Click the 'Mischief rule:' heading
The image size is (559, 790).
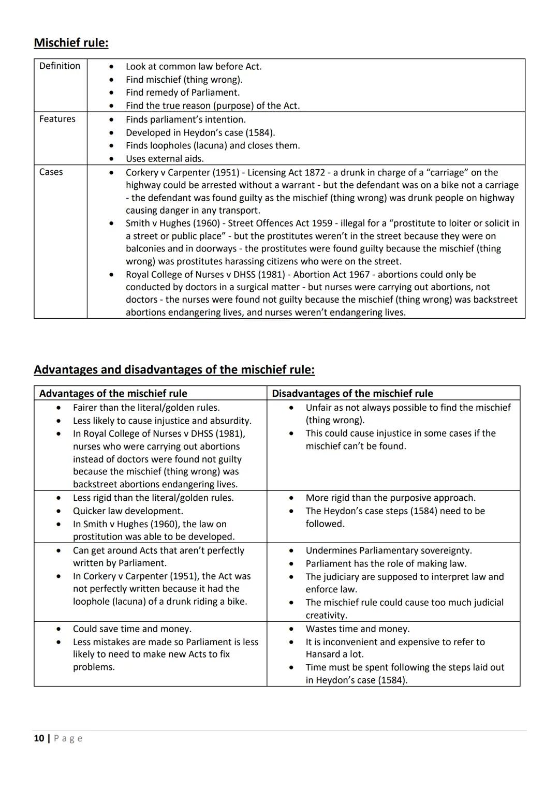71,42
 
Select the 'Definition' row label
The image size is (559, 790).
60,66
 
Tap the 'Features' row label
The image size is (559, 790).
57,119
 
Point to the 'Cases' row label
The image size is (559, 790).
51,172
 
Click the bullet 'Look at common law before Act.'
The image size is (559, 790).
193,66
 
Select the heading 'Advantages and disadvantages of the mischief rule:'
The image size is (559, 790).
174,369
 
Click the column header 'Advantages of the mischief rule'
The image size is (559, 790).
113,393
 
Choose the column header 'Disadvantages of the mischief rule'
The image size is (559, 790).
352,393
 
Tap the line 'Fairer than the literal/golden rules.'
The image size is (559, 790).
146,408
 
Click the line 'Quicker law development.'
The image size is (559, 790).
127,511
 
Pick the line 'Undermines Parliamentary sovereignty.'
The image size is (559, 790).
388,550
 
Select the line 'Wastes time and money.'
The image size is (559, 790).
357,629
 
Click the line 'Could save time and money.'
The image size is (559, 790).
132,629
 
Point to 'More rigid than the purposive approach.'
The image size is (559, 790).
390,498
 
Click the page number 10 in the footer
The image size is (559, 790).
39,738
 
